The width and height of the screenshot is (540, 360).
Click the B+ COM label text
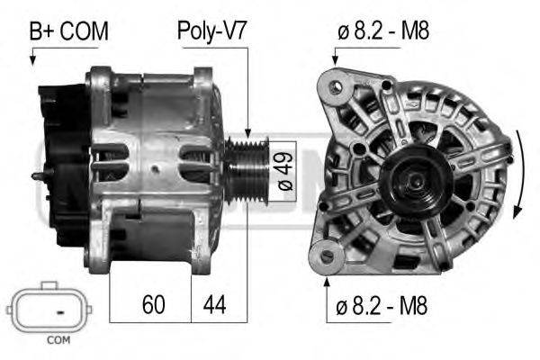point(68,31)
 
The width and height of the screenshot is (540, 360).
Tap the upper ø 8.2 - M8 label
point(383,31)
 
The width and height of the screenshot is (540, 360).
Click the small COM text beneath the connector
point(58,340)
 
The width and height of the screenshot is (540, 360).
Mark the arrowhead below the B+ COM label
point(33,59)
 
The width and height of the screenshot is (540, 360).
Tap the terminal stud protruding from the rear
point(37,176)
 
